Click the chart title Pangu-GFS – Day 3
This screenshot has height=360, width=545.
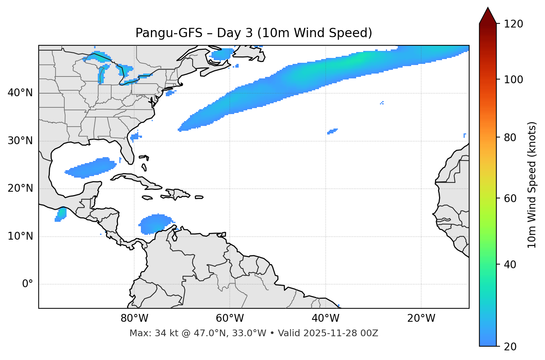coord(254,33)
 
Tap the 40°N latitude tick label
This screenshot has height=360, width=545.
coord(20,93)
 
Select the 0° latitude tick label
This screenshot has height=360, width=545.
coord(27,284)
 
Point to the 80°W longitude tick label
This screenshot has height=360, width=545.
coord(134,318)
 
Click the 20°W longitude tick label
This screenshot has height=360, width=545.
coord(421,318)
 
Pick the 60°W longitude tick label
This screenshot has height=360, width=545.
coord(230,318)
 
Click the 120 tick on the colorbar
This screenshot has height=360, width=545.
coord(513,24)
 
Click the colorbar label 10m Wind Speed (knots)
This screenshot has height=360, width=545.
coord(532,185)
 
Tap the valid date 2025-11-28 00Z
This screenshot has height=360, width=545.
coord(341,333)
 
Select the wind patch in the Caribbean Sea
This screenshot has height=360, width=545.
coord(155,224)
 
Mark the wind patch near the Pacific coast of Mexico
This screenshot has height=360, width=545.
coord(60,215)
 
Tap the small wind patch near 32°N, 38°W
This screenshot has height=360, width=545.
coord(332,131)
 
